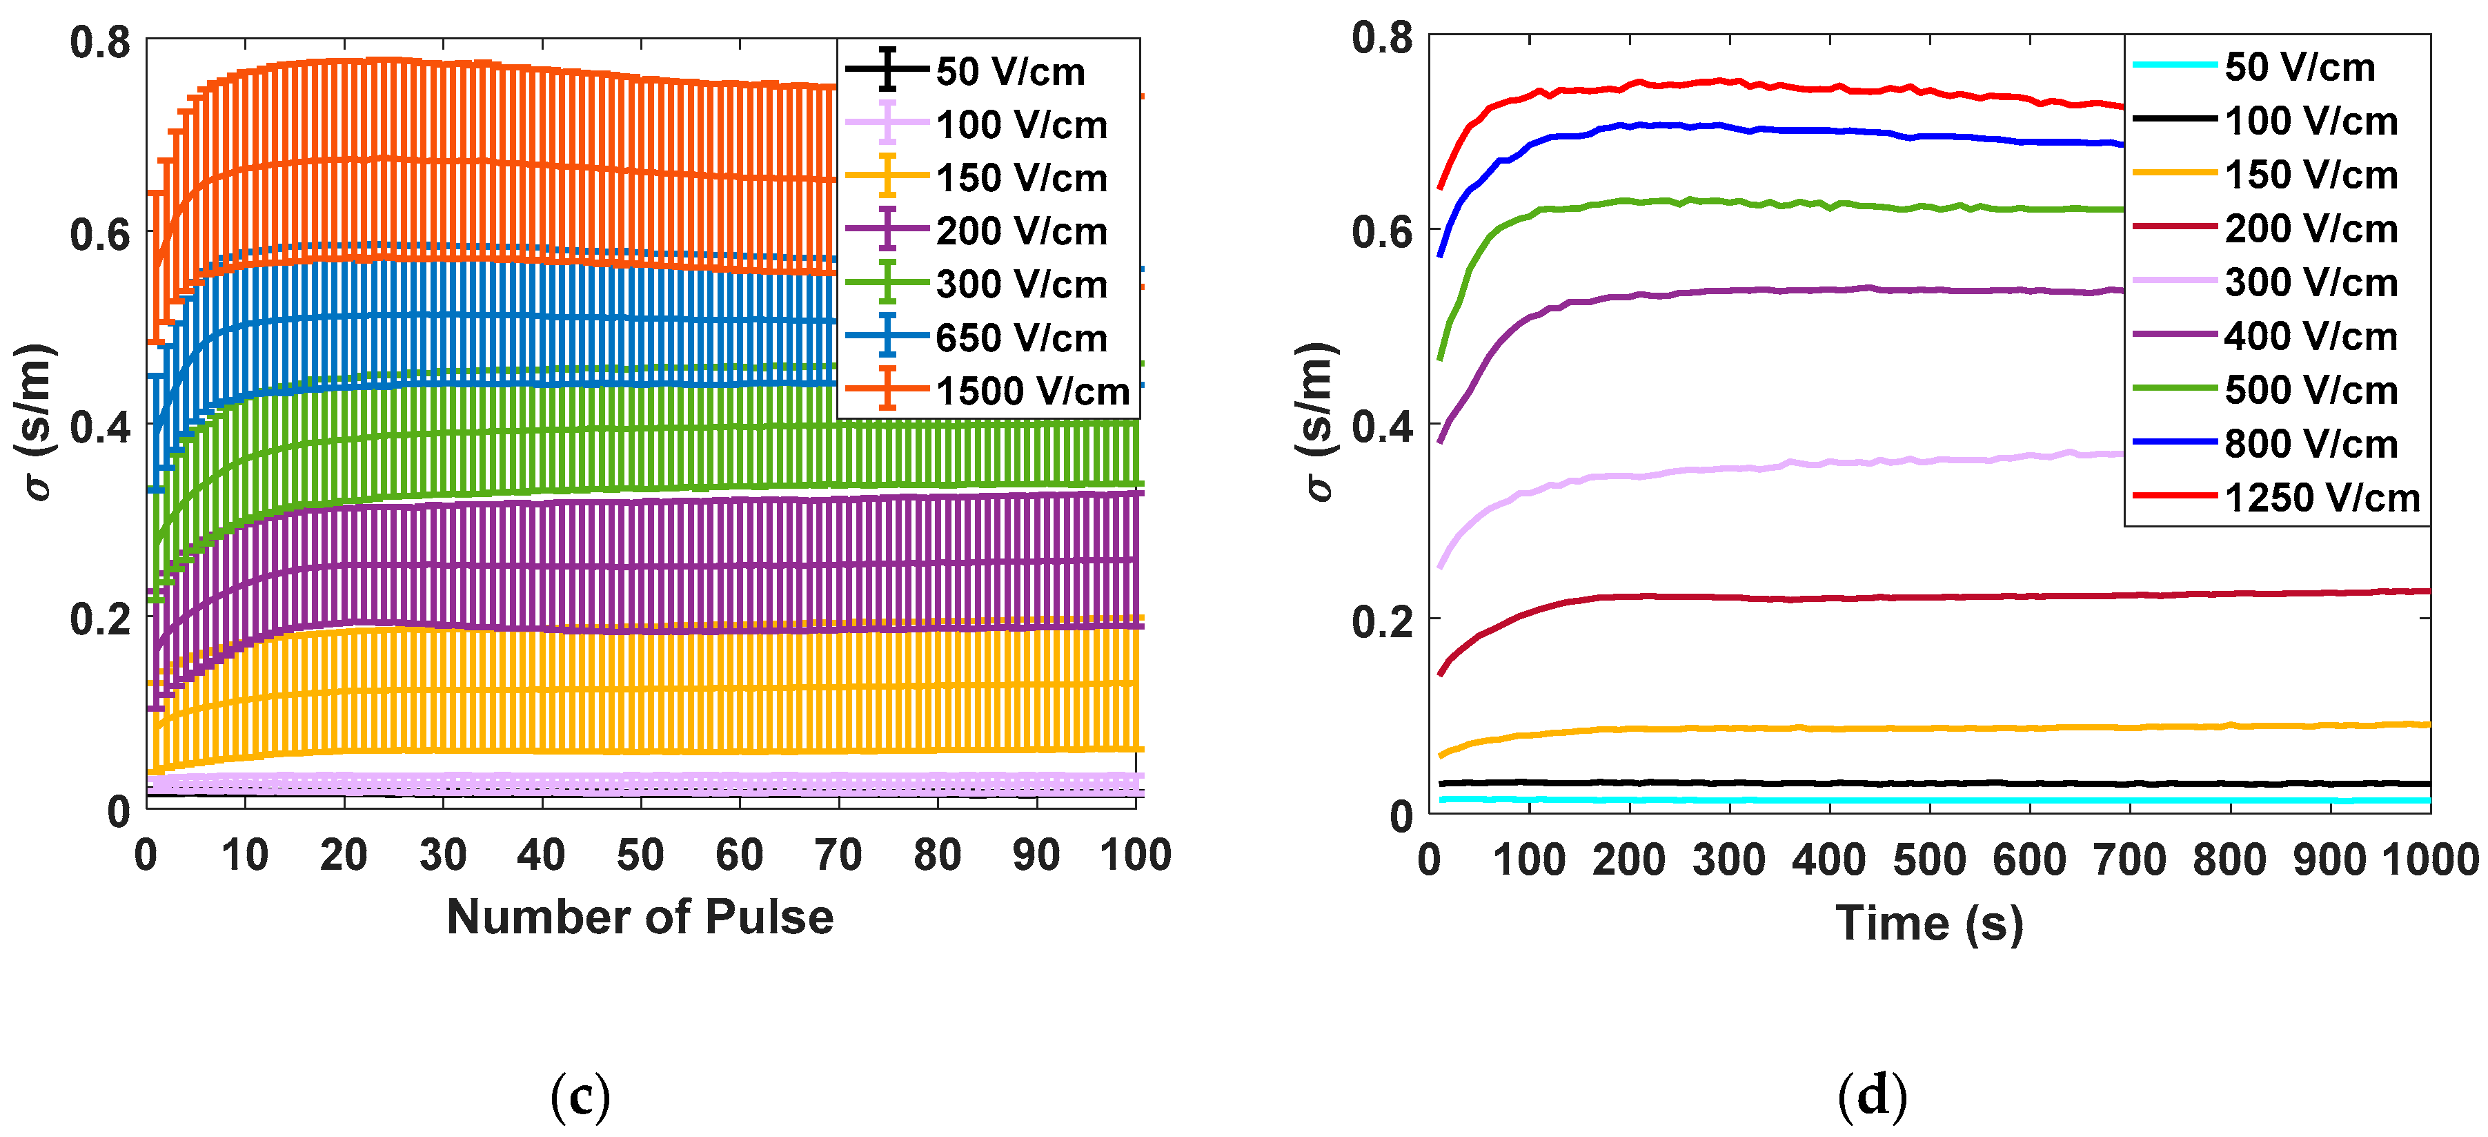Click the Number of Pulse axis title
point(640,917)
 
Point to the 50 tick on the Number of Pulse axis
point(640,855)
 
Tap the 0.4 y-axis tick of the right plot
point(1382,426)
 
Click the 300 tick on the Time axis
point(1729,859)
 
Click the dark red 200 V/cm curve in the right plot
point(1932,597)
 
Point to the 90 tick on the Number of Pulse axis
point(1036,855)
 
